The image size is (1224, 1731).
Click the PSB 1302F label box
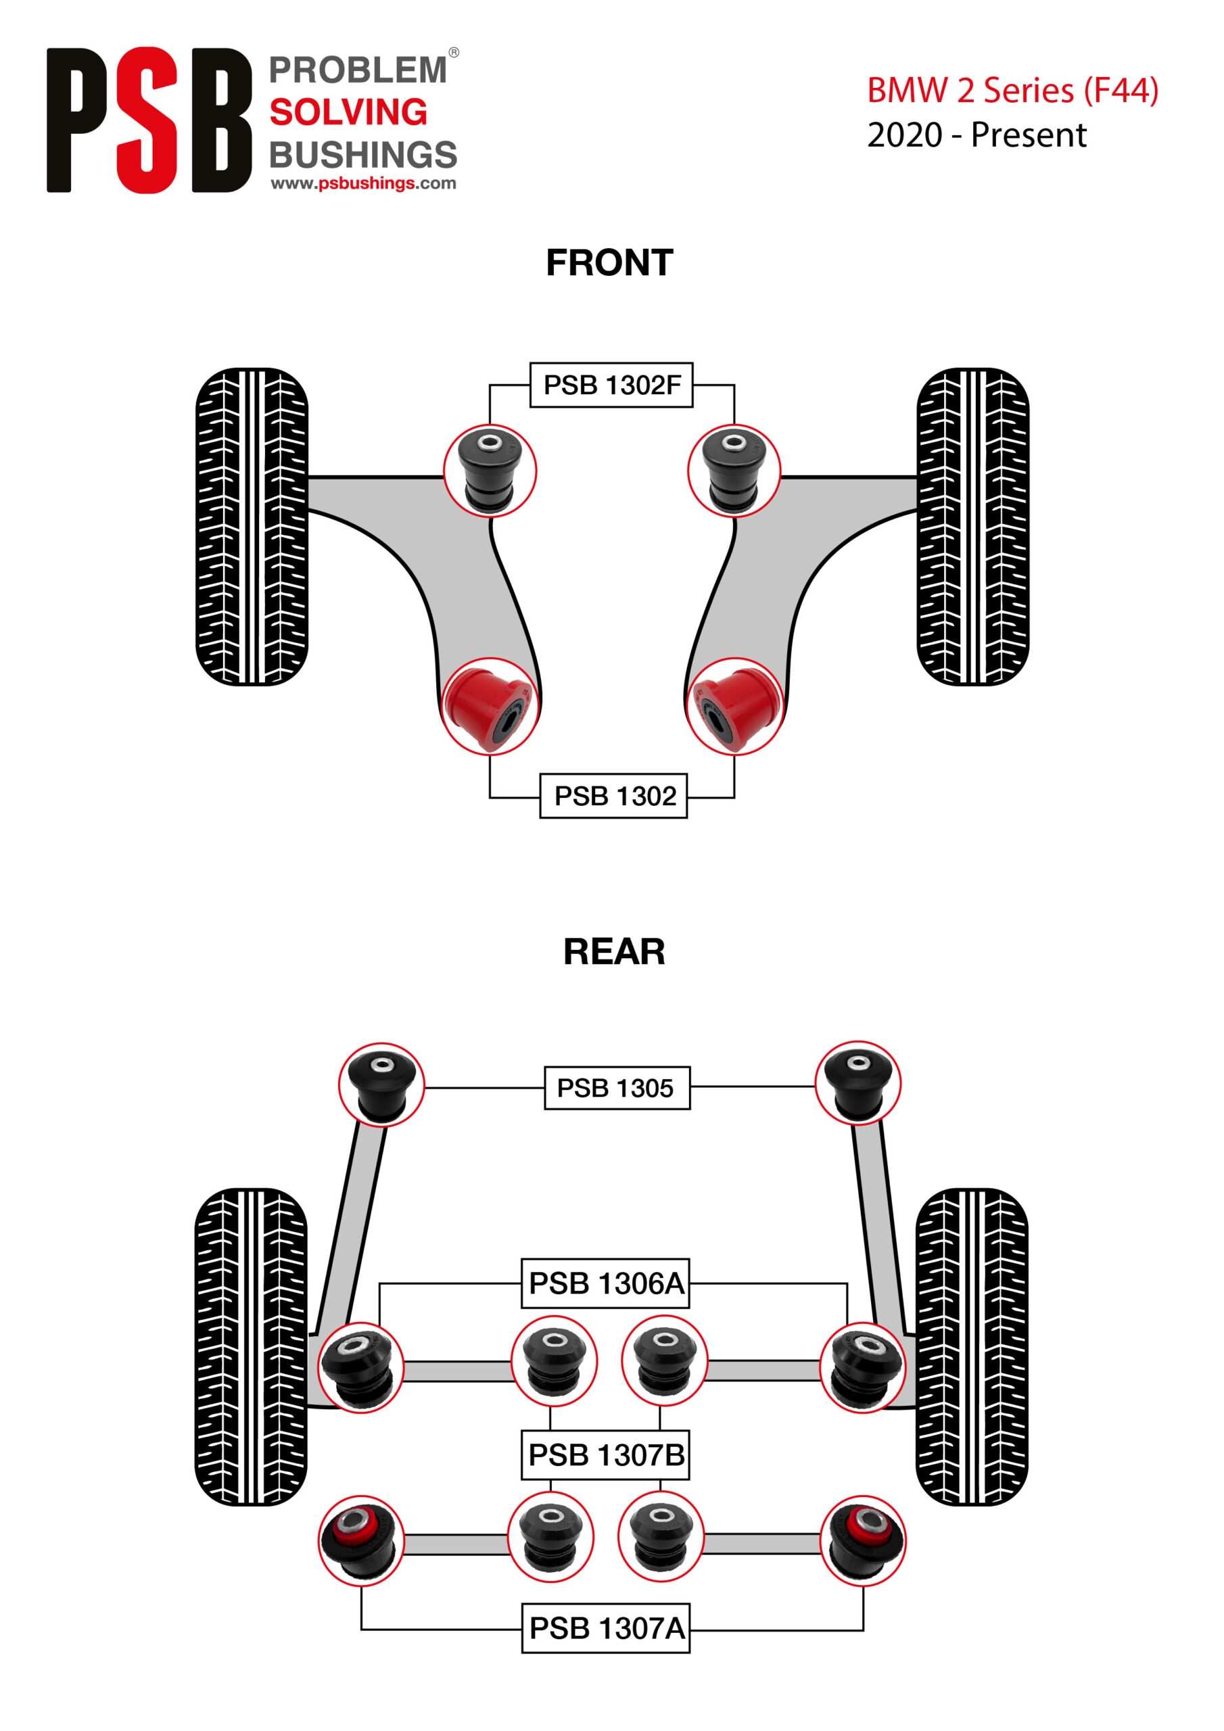[611, 385]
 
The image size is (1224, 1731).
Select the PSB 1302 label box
[613, 795]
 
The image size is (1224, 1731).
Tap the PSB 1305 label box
[617, 1087]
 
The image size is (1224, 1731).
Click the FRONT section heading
[609, 262]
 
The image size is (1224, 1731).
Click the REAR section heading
[614, 951]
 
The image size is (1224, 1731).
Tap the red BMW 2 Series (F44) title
[1012, 91]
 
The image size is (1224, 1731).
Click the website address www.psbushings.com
[364, 183]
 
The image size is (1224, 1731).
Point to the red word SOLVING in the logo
[348, 112]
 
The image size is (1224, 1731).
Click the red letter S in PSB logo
[147, 120]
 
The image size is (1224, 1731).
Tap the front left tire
[252, 526]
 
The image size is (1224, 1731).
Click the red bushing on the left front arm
[490, 707]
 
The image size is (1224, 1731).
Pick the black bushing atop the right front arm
[734, 471]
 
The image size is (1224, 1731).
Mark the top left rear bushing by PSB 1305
[381, 1085]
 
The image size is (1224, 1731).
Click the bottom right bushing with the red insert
[863, 1541]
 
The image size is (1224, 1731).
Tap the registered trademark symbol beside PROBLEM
[454, 53]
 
